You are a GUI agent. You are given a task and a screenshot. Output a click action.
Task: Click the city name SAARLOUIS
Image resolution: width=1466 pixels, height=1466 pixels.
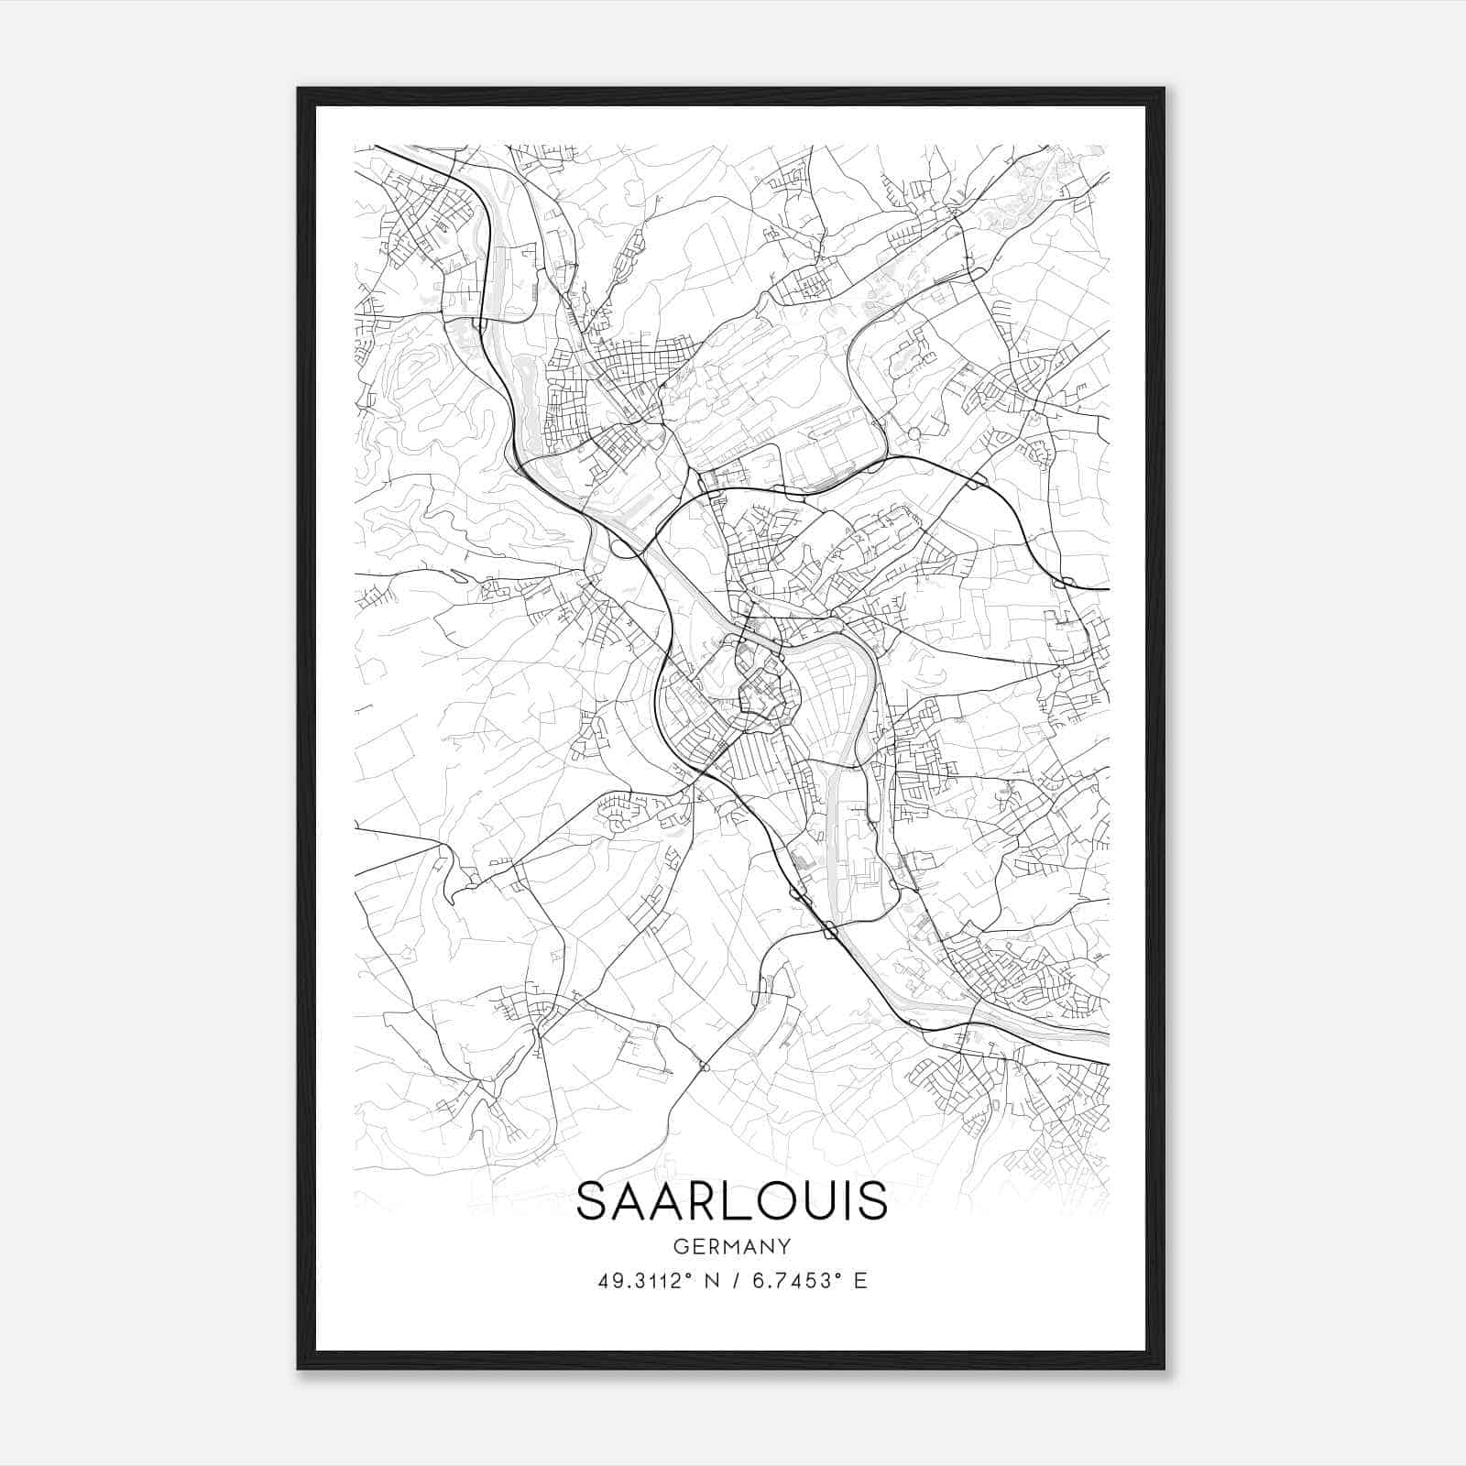(x=732, y=1201)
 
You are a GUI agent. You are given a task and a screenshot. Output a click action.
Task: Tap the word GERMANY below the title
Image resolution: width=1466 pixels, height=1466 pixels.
(x=732, y=1247)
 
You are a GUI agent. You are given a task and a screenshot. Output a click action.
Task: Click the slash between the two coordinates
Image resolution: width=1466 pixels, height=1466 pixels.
(x=735, y=1281)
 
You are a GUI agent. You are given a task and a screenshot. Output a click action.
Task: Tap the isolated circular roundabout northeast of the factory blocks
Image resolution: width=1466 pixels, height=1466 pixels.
(x=913, y=432)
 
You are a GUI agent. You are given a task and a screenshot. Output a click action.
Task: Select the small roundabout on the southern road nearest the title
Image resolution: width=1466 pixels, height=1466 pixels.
(x=704, y=1067)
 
